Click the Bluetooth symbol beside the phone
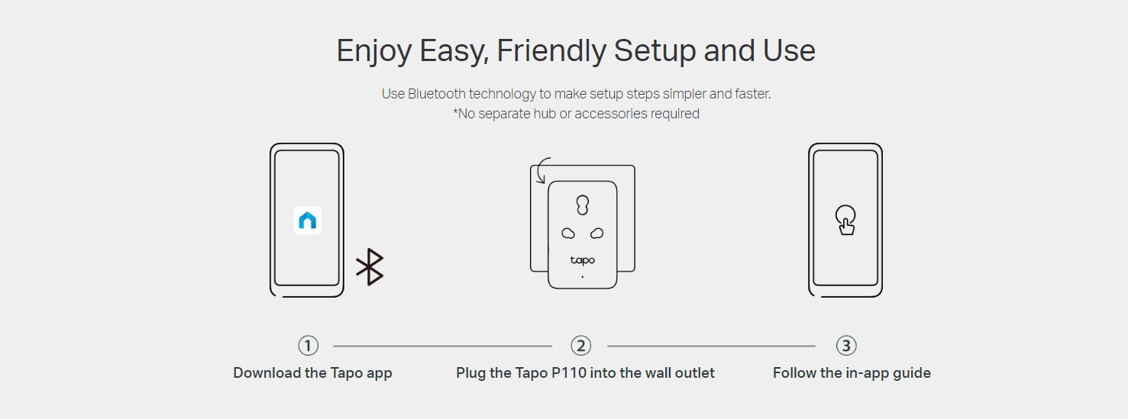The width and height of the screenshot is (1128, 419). click(370, 266)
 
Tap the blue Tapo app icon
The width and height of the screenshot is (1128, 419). click(307, 221)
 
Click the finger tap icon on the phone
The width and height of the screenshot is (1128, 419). click(845, 221)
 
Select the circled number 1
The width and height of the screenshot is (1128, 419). click(309, 346)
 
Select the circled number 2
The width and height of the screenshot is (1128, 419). click(580, 346)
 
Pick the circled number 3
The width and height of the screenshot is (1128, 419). click(846, 346)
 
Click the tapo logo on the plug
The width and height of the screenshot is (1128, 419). click(583, 260)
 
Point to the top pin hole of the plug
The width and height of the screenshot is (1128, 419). click(583, 205)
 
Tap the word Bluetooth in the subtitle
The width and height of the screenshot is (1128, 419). click(437, 94)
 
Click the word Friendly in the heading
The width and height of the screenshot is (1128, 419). click(551, 51)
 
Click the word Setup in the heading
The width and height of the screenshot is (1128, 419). click(654, 52)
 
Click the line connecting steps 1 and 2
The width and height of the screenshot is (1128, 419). click(443, 346)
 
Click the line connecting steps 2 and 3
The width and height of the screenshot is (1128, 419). click(711, 346)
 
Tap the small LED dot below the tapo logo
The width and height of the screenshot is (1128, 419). click(583, 276)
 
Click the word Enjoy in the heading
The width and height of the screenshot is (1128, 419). click(374, 52)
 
